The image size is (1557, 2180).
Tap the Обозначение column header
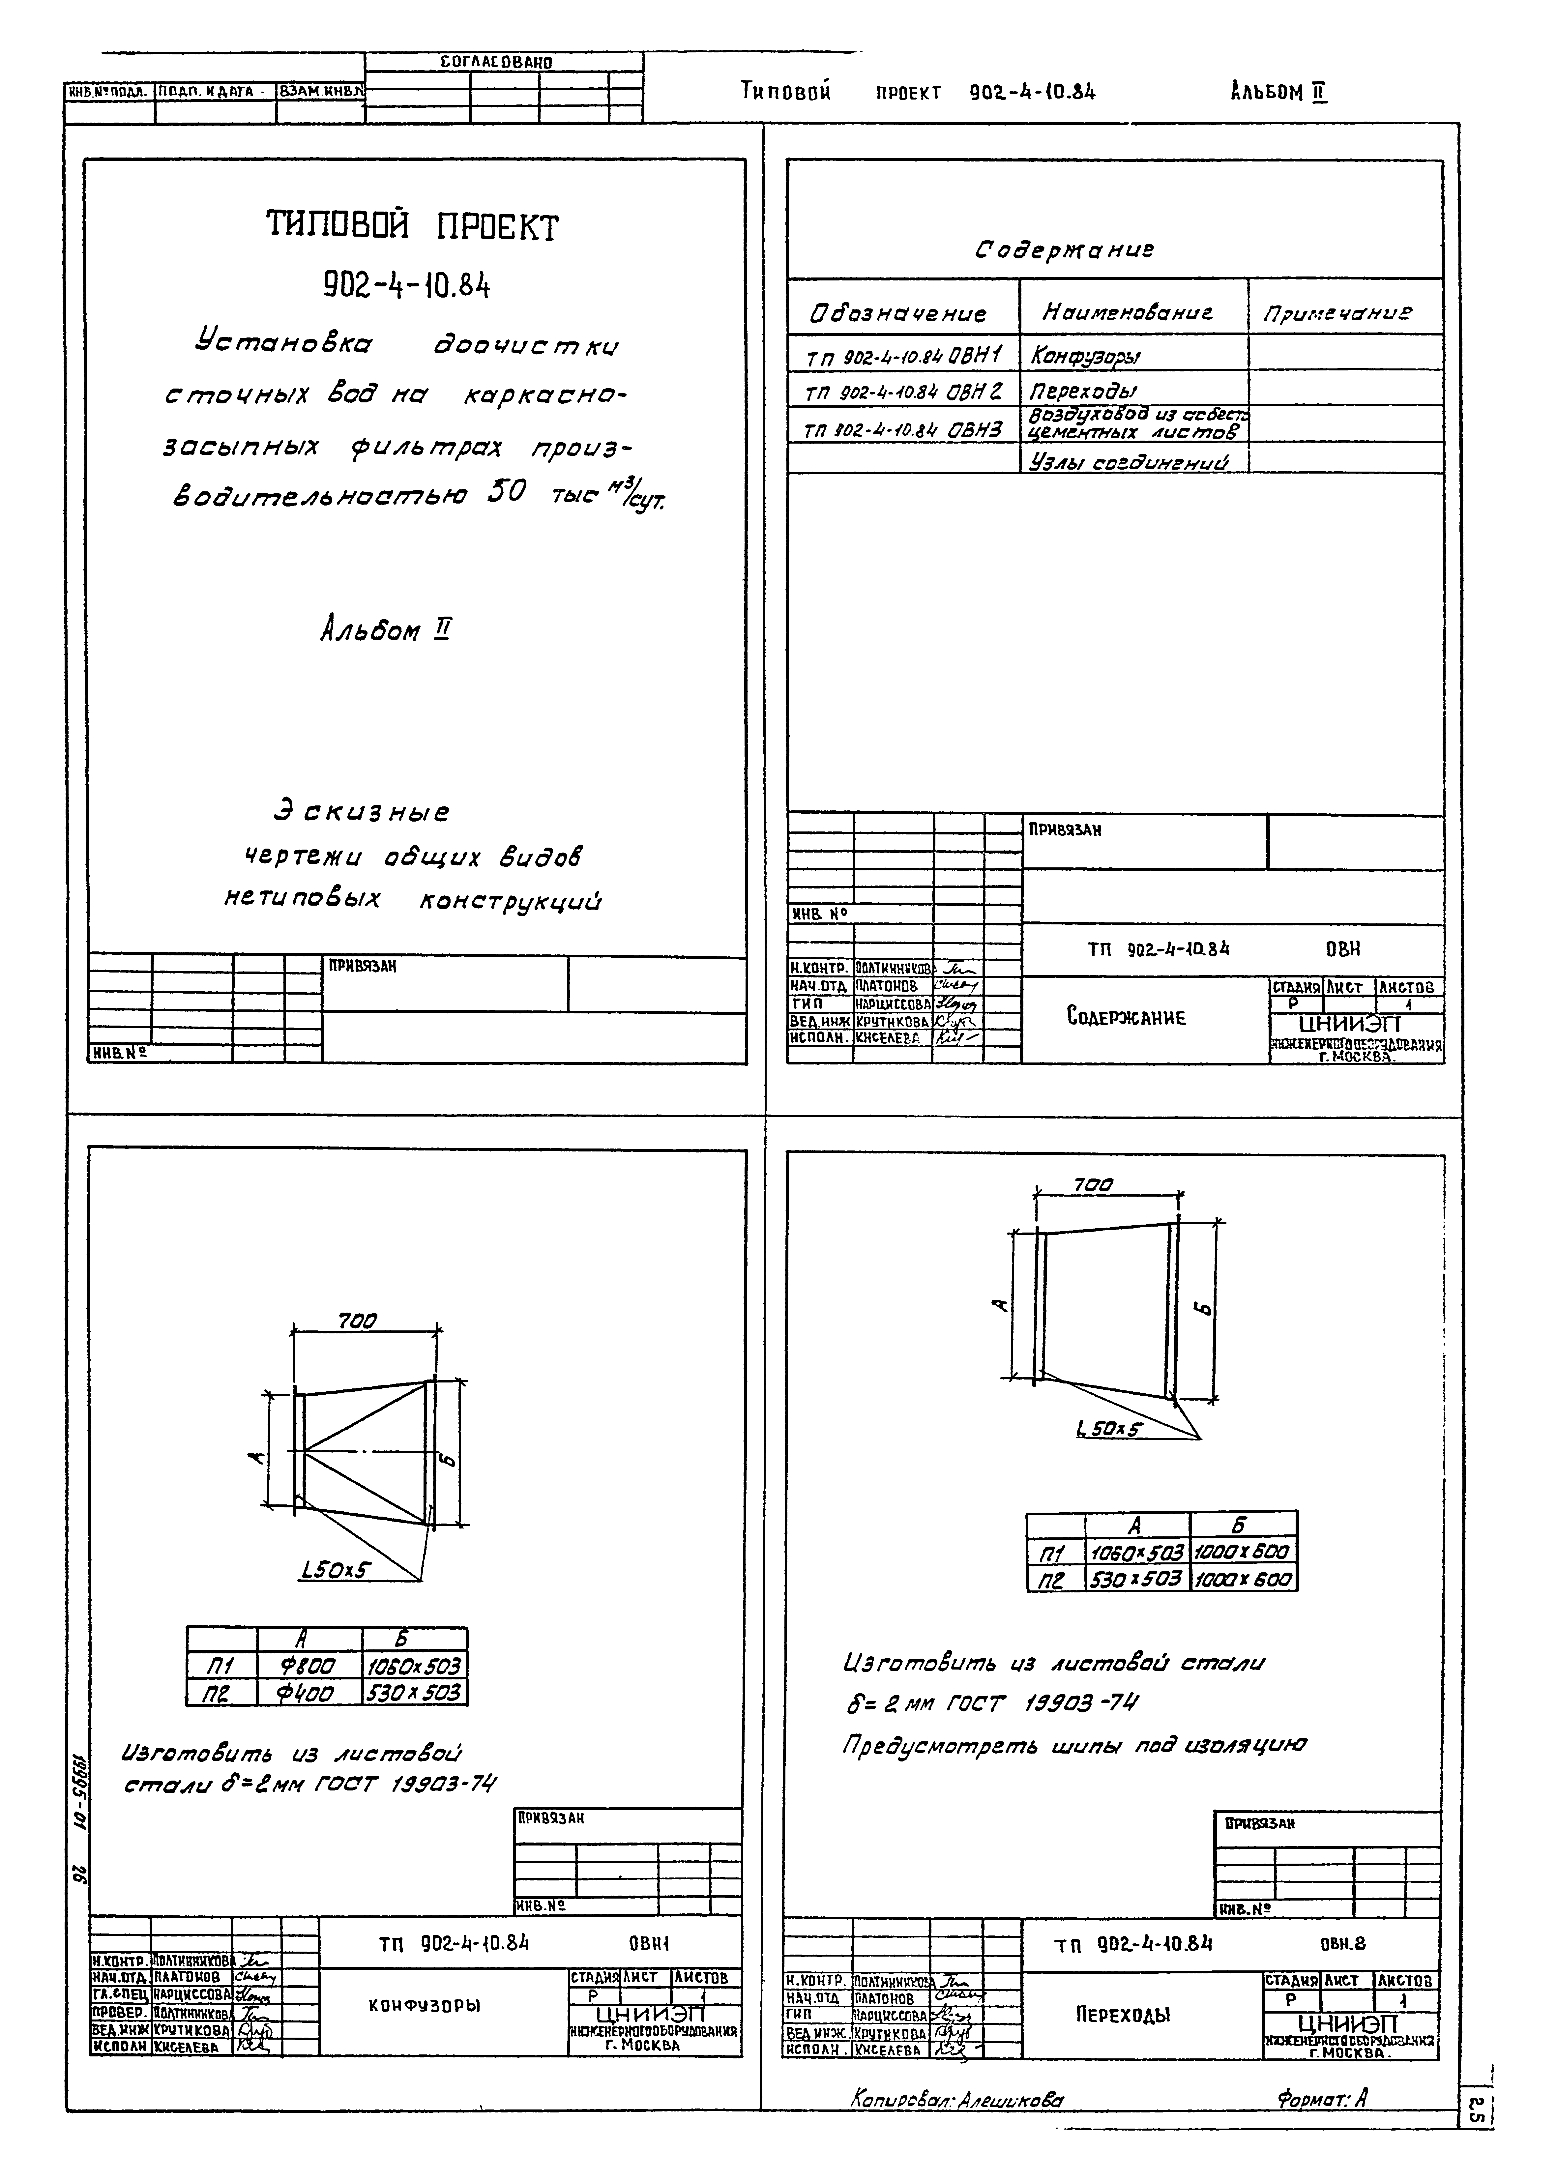tap(898, 313)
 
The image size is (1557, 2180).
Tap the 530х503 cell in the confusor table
tap(414, 1693)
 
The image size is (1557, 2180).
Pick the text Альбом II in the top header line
tap(1278, 92)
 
